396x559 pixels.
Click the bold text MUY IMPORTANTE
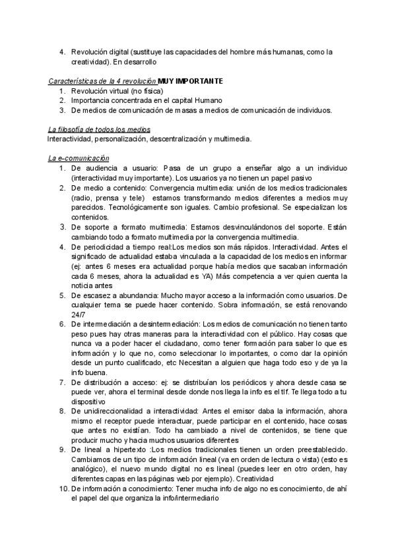click(191, 80)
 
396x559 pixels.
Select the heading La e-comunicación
click(79, 158)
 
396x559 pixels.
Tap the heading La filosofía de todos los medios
click(99, 129)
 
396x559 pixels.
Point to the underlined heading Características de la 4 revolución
click(102, 80)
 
